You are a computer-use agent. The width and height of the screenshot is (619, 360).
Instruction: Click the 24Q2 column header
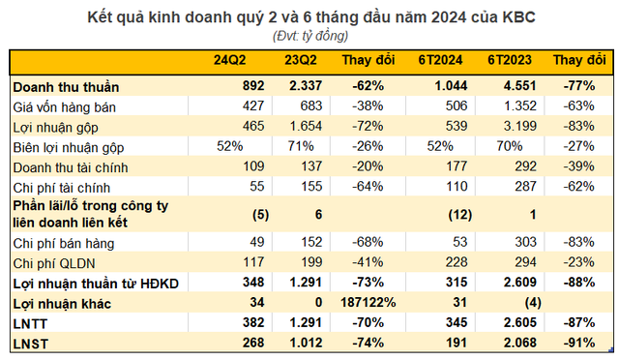pos(229,61)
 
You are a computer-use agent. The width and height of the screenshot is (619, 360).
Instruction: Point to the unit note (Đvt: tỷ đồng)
pos(309,36)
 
